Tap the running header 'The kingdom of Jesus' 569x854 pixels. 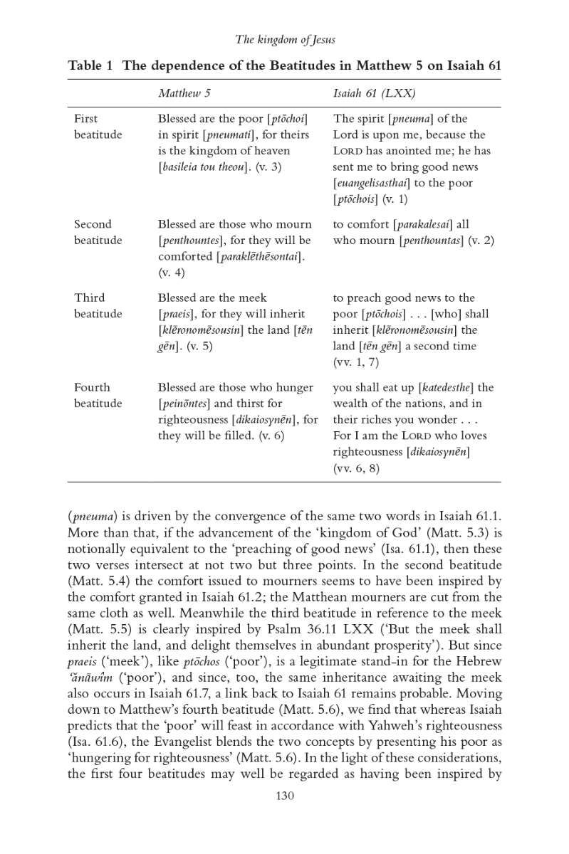coord(285,40)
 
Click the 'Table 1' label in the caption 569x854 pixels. coord(90,66)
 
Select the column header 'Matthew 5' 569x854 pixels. coord(184,93)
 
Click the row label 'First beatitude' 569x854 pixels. coord(98,127)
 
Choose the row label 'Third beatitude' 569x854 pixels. coord(98,306)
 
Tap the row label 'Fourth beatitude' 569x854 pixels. coord(98,396)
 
